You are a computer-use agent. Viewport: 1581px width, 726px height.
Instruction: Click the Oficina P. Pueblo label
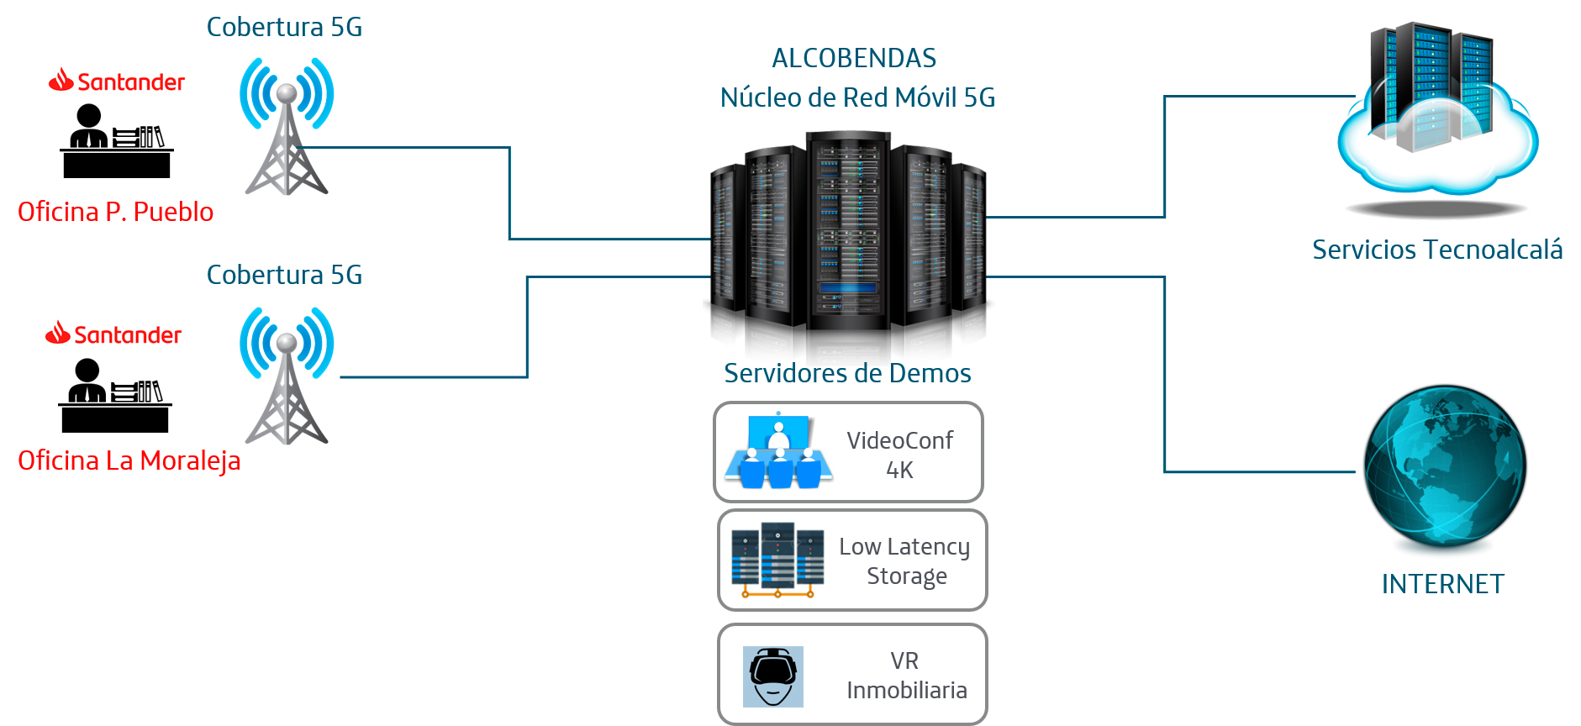tap(116, 212)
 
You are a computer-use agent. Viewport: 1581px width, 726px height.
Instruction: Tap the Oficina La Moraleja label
tap(129, 460)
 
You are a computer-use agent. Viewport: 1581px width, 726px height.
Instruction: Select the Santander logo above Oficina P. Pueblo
tap(117, 82)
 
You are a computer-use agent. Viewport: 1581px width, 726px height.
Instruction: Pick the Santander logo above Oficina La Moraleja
tap(113, 334)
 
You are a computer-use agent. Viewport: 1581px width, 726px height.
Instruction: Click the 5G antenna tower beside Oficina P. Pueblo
tap(287, 126)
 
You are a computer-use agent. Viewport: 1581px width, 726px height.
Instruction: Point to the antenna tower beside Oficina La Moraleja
tap(287, 376)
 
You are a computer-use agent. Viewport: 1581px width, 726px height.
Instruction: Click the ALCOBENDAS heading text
tap(854, 58)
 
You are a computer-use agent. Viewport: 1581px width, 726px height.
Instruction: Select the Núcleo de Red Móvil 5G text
tap(857, 97)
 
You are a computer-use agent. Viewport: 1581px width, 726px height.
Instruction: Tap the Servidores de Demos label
tap(847, 373)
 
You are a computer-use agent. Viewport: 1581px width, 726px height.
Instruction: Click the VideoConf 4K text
tap(899, 455)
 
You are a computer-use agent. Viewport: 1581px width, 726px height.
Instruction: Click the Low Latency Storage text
tap(905, 560)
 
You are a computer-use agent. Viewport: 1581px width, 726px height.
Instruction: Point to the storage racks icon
tap(777, 559)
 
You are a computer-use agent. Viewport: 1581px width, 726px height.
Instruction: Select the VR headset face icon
tap(773, 676)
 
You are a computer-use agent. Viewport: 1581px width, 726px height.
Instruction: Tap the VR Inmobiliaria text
tap(906, 675)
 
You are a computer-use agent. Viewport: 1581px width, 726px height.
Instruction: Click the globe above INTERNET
tap(1445, 466)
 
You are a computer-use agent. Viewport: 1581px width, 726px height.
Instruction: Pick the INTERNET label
tap(1442, 584)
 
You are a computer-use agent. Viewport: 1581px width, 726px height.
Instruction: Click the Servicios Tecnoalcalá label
tap(1437, 250)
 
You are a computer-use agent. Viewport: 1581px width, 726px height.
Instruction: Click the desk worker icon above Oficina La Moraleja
tap(115, 395)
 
